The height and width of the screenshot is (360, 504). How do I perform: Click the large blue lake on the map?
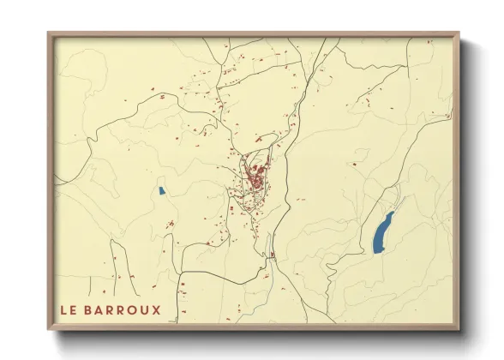click(x=382, y=233)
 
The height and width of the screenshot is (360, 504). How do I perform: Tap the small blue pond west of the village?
click(x=160, y=190)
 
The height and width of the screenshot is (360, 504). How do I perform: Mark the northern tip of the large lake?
click(x=392, y=213)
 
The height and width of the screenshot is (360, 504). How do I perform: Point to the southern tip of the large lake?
click(x=375, y=252)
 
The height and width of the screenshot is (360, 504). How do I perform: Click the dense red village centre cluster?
click(x=255, y=178)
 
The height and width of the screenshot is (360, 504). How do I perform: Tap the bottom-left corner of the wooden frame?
click(x=49, y=328)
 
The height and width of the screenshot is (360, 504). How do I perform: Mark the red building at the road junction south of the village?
click(x=272, y=255)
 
